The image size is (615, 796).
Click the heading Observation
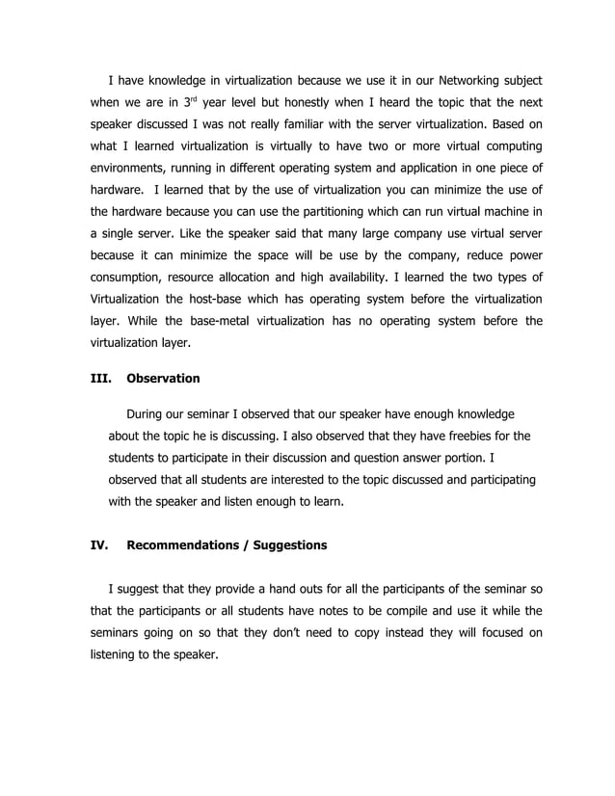pos(163,379)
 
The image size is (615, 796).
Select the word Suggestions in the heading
pos(289,545)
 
